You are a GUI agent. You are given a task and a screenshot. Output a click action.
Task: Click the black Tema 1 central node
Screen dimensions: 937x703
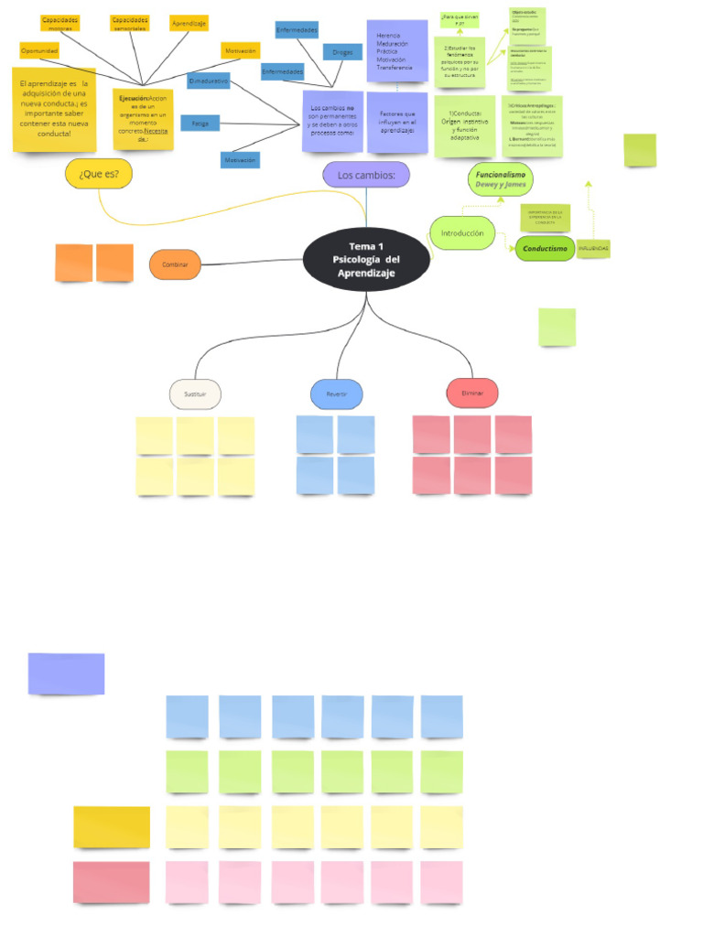366,260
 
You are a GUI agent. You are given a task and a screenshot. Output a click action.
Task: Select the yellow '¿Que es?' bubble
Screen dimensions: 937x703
99,173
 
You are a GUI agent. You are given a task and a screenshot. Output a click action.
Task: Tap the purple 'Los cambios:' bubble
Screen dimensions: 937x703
365,175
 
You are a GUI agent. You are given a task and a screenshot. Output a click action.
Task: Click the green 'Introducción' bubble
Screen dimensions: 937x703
462,233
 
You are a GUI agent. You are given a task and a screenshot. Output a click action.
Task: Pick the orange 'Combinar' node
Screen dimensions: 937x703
175,264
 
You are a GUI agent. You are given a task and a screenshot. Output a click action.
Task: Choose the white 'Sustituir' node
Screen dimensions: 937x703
195,393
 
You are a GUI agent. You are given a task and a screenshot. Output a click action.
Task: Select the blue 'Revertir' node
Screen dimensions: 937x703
336,393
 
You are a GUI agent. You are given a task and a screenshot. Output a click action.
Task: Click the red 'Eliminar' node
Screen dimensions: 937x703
472,393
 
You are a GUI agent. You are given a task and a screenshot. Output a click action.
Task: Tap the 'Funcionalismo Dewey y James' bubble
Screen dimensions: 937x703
500,178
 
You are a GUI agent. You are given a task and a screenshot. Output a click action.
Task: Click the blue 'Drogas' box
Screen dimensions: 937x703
342,52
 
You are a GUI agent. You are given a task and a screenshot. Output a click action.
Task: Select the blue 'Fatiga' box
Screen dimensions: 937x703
200,123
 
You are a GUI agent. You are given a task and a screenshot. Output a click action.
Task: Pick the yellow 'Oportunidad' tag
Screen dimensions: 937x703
39,51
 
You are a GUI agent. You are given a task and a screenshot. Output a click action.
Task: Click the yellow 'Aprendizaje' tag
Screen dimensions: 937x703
189,22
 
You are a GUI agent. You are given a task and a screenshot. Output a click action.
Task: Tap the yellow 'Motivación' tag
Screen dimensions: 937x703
240,51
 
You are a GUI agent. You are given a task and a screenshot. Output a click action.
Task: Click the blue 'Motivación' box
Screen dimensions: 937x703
239,160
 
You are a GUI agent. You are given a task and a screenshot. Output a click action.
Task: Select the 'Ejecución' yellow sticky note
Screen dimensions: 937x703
142,117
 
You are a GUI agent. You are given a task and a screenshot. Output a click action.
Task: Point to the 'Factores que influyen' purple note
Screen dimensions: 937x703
397,122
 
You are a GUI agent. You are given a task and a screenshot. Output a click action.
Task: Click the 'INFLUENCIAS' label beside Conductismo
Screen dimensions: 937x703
593,248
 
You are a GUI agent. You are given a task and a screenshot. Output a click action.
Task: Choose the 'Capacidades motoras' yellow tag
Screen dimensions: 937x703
60,22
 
